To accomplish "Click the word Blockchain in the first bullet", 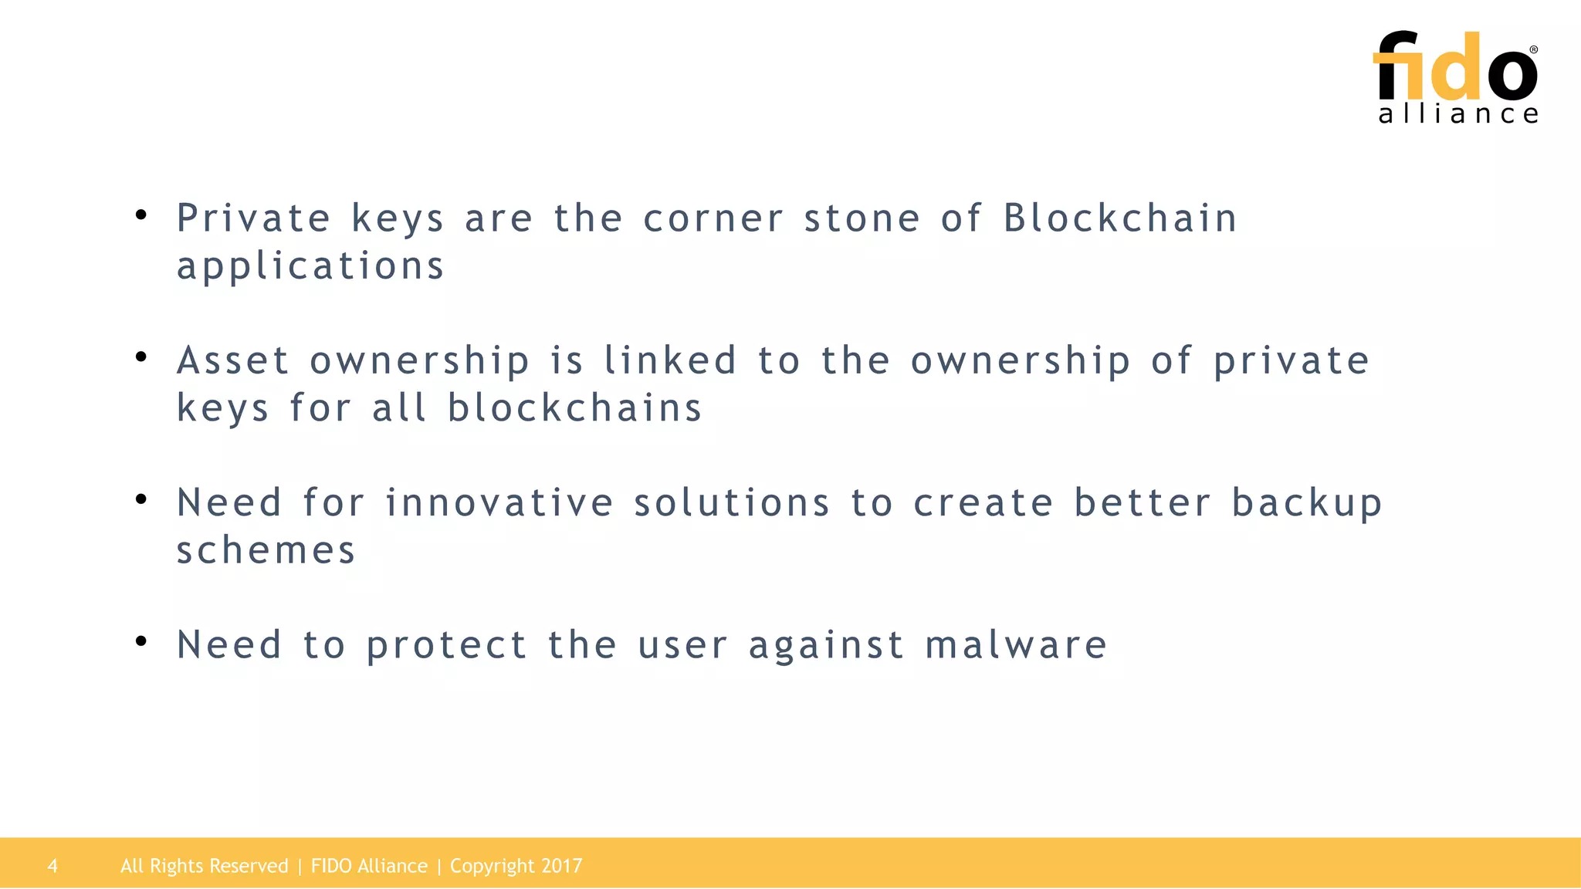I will (x=1120, y=218).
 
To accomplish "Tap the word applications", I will (x=310, y=267).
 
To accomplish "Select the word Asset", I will (x=232, y=361).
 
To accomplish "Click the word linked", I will (x=670, y=361).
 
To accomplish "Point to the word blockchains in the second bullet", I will (x=575, y=408).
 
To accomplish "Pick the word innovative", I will (x=499, y=503).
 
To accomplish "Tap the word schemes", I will (x=266, y=551).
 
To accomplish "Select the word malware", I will (x=1016, y=645).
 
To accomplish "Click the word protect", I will (x=447, y=647).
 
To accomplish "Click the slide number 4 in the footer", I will (x=52, y=866).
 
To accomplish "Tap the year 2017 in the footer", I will (x=561, y=866).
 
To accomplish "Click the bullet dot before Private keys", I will (x=140, y=215).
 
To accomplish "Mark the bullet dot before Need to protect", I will (x=140, y=641).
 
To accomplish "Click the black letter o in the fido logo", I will (x=1512, y=74).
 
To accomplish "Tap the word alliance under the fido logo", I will (x=1458, y=115).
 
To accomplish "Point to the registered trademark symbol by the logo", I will (x=1533, y=49).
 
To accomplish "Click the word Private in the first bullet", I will (x=254, y=218).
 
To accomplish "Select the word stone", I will (x=862, y=218).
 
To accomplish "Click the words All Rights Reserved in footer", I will (x=204, y=866).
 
